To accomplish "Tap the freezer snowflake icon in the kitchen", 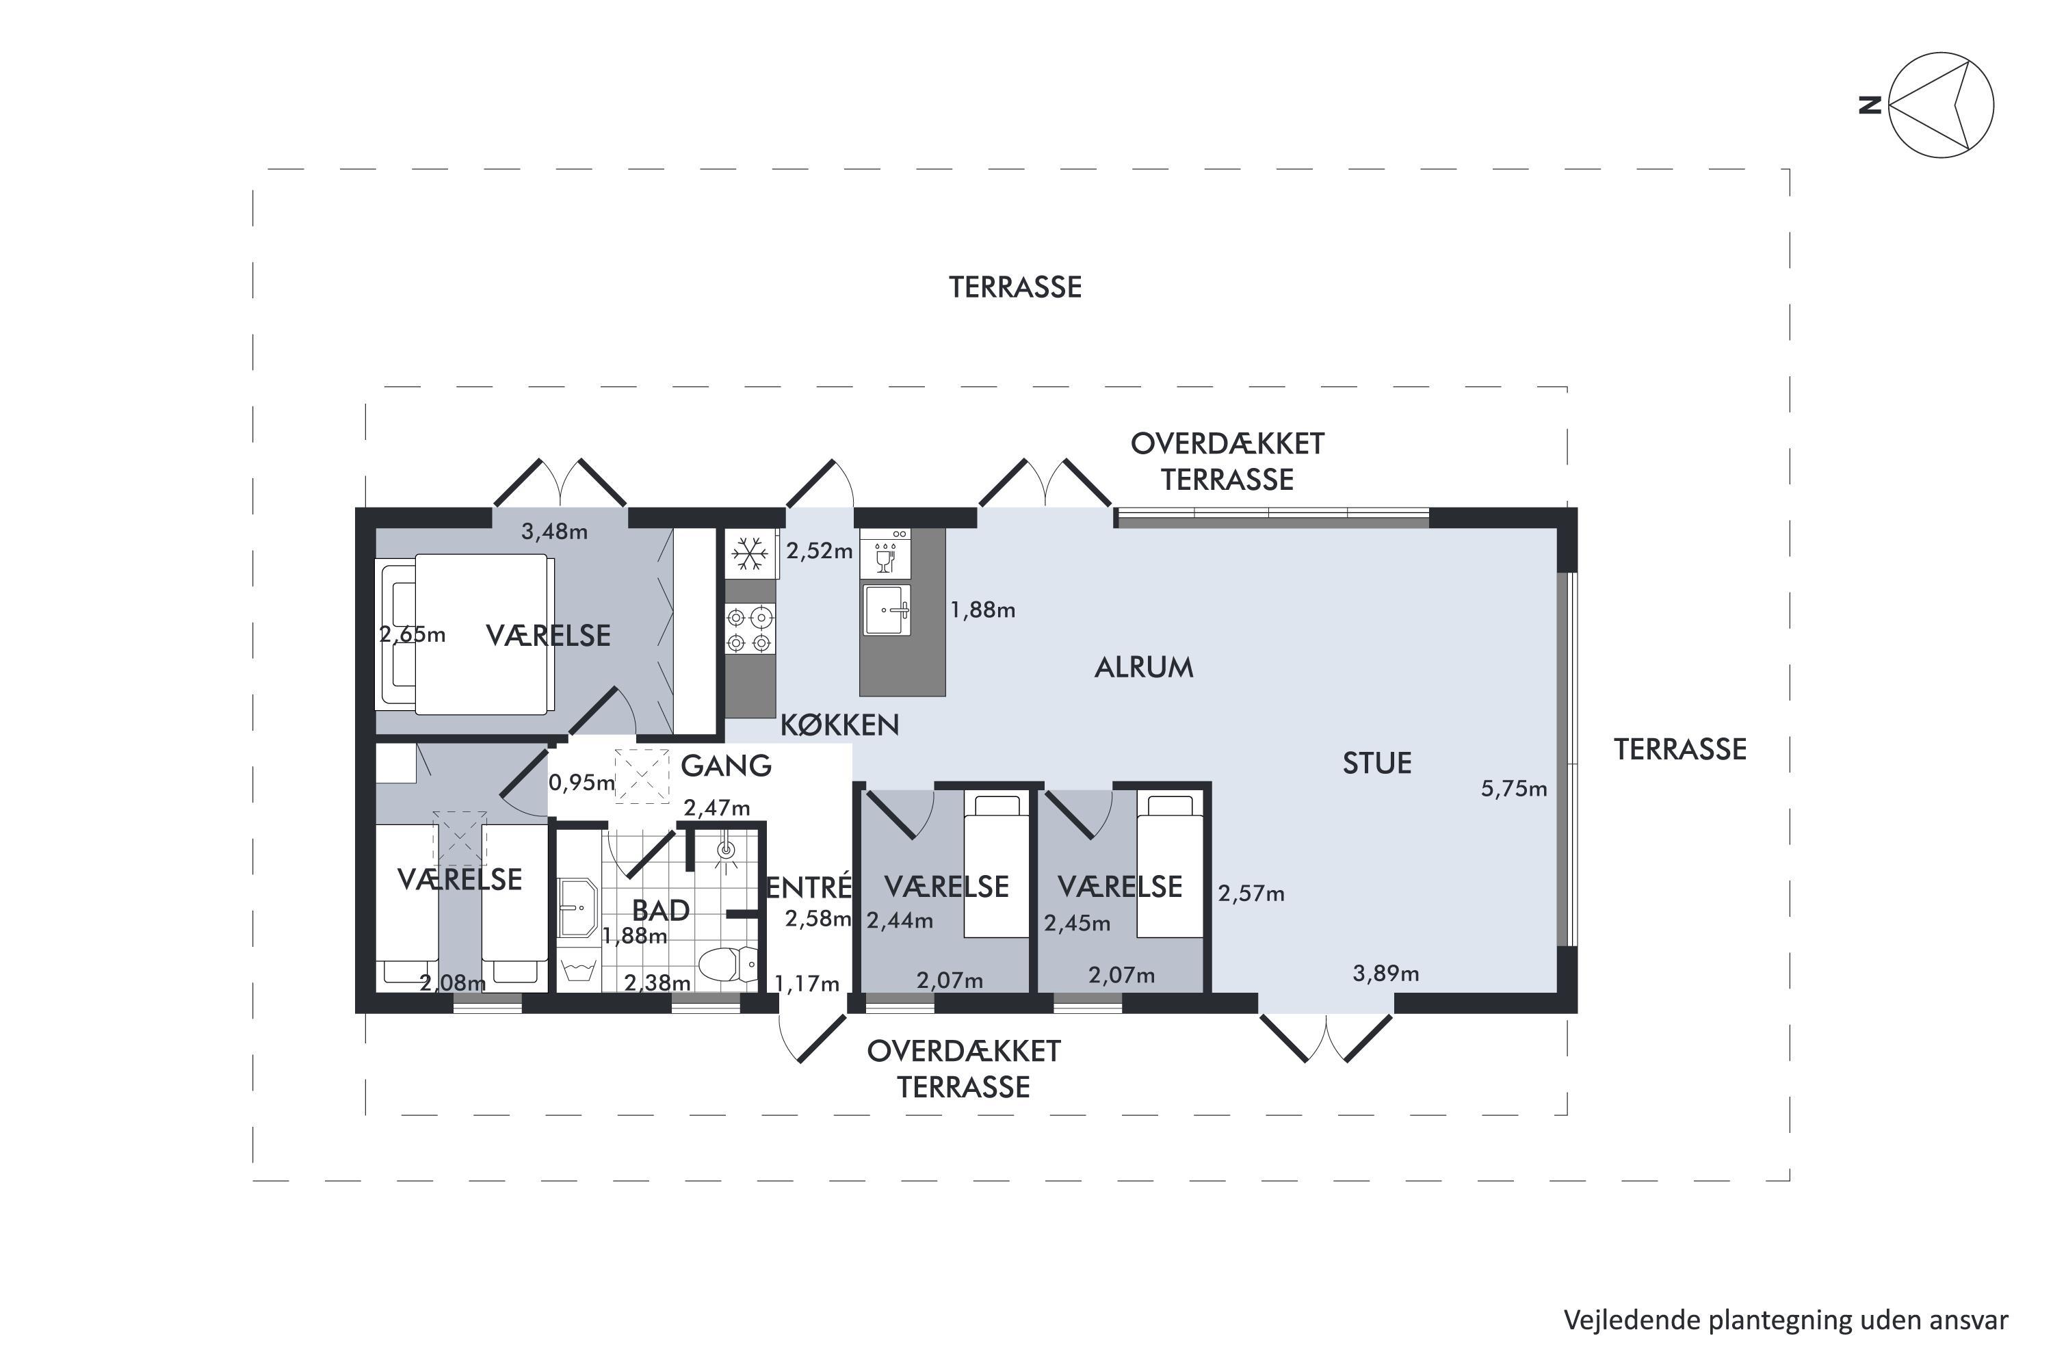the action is tap(749, 553).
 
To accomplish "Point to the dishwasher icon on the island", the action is tap(885, 552).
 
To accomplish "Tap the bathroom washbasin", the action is tap(577, 908).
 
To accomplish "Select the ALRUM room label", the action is tap(1143, 668).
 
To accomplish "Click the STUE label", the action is tap(1376, 764).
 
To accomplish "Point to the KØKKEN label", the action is tap(839, 725).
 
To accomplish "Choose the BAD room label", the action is tap(661, 911).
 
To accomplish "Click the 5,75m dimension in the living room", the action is tap(1513, 790).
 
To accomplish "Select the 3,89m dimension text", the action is tap(1385, 974).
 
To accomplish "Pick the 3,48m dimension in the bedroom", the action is tap(554, 531).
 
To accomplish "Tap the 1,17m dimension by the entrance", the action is tap(807, 984).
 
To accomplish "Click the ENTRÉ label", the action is tap(809, 887).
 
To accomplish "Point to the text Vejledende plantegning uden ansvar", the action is tap(1786, 1320).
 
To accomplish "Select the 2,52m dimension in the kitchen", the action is tap(820, 552).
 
